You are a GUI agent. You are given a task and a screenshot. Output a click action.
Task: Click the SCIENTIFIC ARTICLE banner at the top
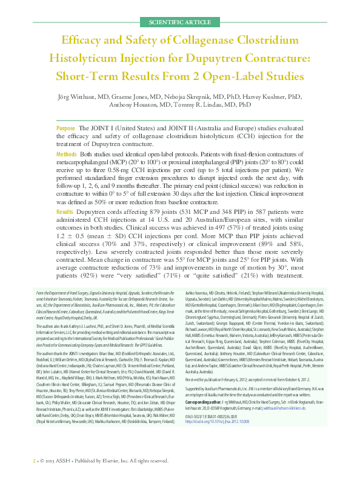179,22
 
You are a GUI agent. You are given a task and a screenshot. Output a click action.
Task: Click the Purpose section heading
65,129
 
